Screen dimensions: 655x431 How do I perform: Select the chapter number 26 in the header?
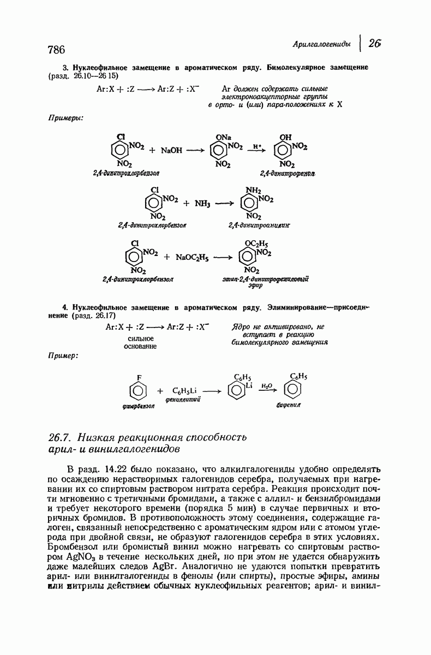pyautogui.click(x=374, y=43)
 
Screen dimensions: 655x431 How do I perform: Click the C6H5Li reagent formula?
pyautogui.click(x=188, y=391)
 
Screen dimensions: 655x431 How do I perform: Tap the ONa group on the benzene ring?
pyautogui.click(x=223, y=137)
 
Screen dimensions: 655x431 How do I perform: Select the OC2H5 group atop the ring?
pyautogui.click(x=255, y=243)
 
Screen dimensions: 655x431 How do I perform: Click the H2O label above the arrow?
pyautogui.click(x=266, y=386)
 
